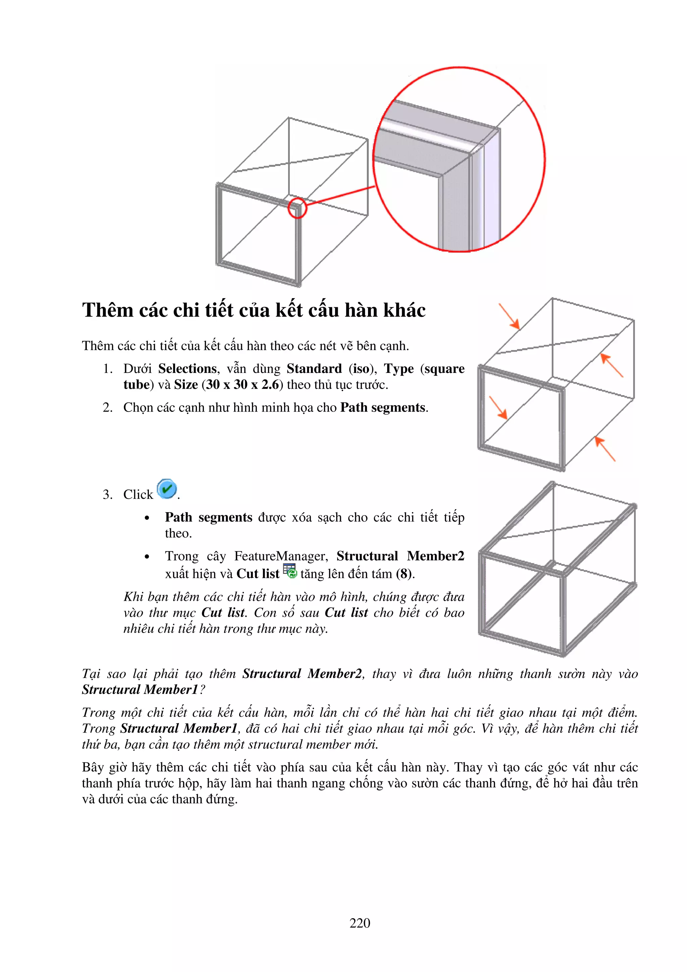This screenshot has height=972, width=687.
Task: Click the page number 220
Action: tap(359, 923)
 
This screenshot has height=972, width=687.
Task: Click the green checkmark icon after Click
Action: tap(167, 489)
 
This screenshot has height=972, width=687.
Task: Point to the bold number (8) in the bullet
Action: tap(404, 574)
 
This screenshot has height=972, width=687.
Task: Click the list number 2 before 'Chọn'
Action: tap(108, 408)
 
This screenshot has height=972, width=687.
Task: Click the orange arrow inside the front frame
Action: tap(498, 408)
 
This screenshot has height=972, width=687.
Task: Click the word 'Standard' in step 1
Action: tap(314, 369)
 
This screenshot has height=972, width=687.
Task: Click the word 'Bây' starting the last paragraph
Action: tap(93, 767)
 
